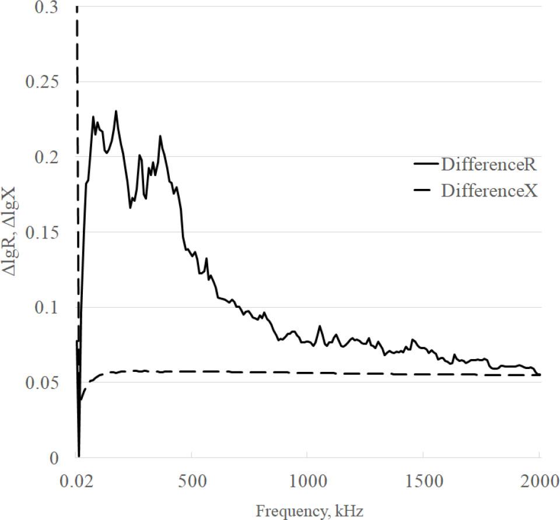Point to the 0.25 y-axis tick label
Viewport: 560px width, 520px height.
tap(44, 82)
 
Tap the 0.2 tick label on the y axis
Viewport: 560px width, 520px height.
tap(49, 157)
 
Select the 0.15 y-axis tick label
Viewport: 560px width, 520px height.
tap(44, 232)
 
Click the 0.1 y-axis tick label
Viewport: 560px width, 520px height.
tap(49, 307)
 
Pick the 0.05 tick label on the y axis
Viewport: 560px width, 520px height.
tap(44, 382)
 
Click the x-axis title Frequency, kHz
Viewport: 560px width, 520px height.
tap(309, 511)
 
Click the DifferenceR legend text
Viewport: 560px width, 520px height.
tap(488, 165)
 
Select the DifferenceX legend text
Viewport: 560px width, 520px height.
tap(489, 191)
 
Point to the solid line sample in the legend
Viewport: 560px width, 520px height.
tap(426, 165)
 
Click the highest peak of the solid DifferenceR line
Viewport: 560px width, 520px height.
tap(116, 111)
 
